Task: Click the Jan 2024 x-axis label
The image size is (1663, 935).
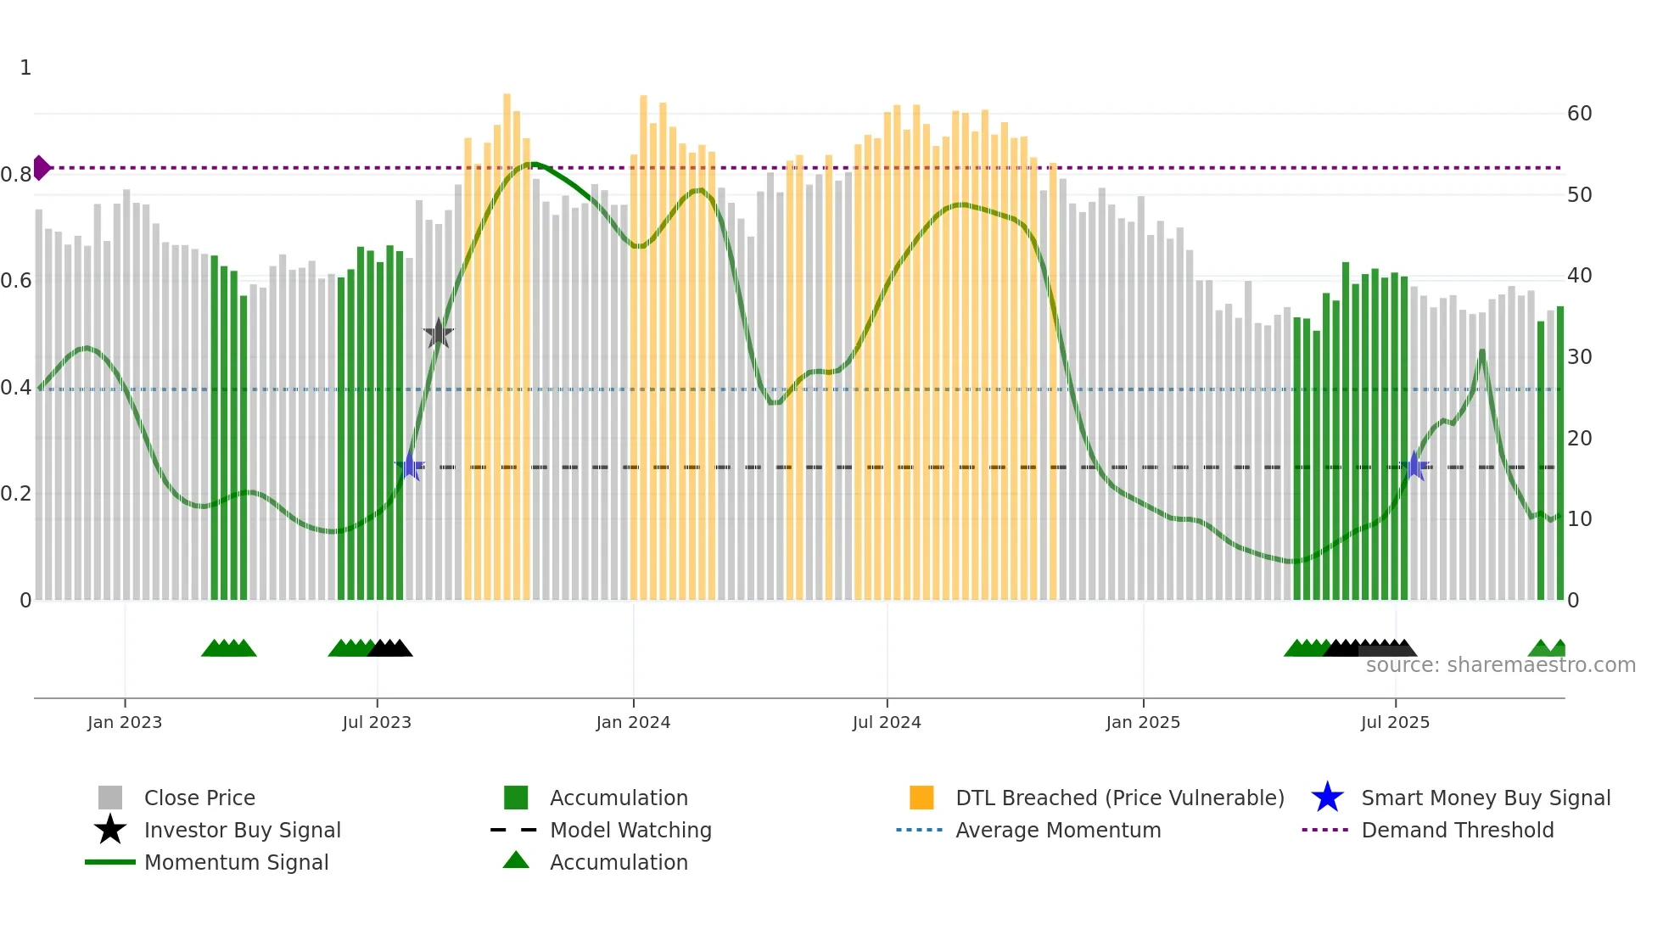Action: (x=633, y=722)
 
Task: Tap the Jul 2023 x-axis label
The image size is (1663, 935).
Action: (x=377, y=722)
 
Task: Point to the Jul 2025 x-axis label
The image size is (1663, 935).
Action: (x=1395, y=722)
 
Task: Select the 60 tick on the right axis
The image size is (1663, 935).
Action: (x=1579, y=114)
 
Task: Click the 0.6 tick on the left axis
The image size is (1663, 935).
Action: (x=16, y=281)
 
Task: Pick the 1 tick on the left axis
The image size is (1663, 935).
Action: (x=25, y=68)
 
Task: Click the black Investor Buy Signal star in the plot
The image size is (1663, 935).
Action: (x=439, y=333)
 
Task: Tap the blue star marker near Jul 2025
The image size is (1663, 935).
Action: (x=1414, y=466)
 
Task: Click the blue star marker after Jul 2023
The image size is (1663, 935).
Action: (x=410, y=466)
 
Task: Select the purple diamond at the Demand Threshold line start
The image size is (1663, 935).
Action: (x=41, y=168)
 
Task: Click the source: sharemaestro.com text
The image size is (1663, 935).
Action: (x=1500, y=665)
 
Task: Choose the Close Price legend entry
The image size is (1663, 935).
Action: (x=199, y=798)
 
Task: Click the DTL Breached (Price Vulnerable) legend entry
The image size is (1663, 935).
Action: (x=1119, y=798)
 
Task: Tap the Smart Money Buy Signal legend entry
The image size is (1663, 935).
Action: (x=1485, y=798)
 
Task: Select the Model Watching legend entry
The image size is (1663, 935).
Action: (x=630, y=830)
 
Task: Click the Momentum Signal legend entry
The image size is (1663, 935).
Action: (x=236, y=862)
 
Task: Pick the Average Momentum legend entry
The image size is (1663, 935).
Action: (x=1057, y=830)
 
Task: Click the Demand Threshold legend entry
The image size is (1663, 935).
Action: (x=1457, y=830)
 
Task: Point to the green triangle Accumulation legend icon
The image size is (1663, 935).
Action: (x=516, y=861)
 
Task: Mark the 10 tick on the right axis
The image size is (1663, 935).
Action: (x=1579, y=519)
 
